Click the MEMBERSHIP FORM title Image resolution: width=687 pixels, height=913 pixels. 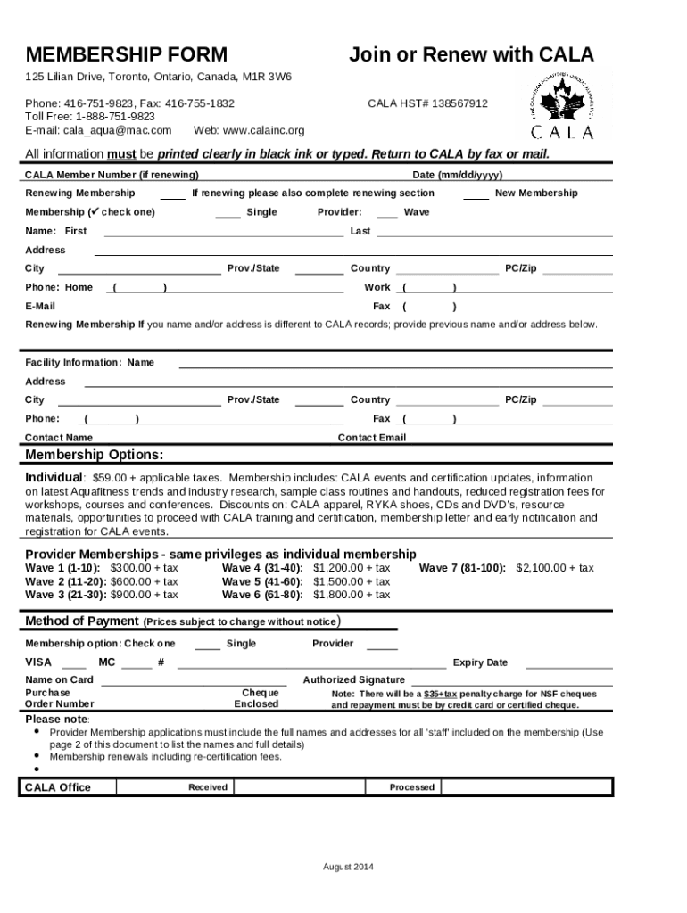pyautogui.click(x=126, y=55)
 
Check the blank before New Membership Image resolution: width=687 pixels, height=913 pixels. pyautogui.click(x=476, y=194)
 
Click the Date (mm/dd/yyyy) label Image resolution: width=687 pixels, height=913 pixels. pyautogui.click(x=457, y=175)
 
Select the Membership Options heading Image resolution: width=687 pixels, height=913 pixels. pyautogui.click(x=94, y=456)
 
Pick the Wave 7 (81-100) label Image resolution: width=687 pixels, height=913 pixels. pyautogui.click(x=462, y=568)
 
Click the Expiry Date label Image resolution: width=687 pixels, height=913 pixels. pyautogui.click(x=480, y=662)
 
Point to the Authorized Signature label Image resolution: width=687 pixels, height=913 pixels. pyautogui.click(x=353, y=679)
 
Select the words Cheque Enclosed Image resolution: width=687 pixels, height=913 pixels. pyautogui.click(x=257, y=698)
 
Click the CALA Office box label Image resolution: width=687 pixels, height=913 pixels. pyautogui.click(x=57, y=787)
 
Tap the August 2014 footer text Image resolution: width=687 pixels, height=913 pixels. pyautogui.click(x=347, y=868)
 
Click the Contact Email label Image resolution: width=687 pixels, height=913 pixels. pyautogui.click(x=371, y=438)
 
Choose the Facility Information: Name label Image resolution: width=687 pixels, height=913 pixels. pyautogui.click(x=89, y=363)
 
